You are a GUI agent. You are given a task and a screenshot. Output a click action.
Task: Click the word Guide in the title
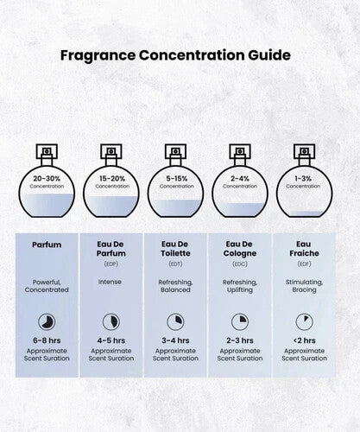[x=269, y=55]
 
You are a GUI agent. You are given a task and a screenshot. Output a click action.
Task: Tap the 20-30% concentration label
[x=47, y=179]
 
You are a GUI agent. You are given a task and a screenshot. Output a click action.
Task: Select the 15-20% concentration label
[x=112, y=179]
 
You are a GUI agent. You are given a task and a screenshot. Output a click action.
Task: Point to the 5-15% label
[x=176, y=179]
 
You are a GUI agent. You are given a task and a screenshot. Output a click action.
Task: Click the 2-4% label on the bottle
[x=240, y=179]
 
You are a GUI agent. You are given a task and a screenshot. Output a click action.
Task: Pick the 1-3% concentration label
[x=303, y=179]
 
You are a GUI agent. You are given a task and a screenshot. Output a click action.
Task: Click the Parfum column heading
[x=47, y=245]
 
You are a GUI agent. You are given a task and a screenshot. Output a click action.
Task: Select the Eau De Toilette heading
[x=175, y=249]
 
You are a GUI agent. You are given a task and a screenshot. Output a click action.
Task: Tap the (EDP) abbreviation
[x=111, y=264]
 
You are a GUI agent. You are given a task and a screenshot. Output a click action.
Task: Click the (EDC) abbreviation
[x=240, y=264]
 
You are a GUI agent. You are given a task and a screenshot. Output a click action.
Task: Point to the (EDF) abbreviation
[x=304, y=264]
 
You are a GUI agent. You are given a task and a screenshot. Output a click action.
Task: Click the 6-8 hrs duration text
[x=47, y=340]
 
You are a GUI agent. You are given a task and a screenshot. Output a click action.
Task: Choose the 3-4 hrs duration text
[x=175, y=340]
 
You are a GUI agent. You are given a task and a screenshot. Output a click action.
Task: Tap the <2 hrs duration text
[x=304, y=340]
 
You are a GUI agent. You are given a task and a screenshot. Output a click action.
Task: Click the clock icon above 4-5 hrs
[x=111, y=321]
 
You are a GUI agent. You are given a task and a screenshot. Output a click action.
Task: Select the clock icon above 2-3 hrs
[x=240, y=321]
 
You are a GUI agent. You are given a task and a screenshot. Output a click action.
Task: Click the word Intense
[x=110, y=282]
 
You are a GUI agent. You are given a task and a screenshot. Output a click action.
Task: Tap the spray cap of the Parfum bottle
[x=47, y=151]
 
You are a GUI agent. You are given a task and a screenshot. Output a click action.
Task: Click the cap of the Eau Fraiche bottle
[x=304, y=151]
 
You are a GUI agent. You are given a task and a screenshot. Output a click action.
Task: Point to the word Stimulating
[x=304, y=283]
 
